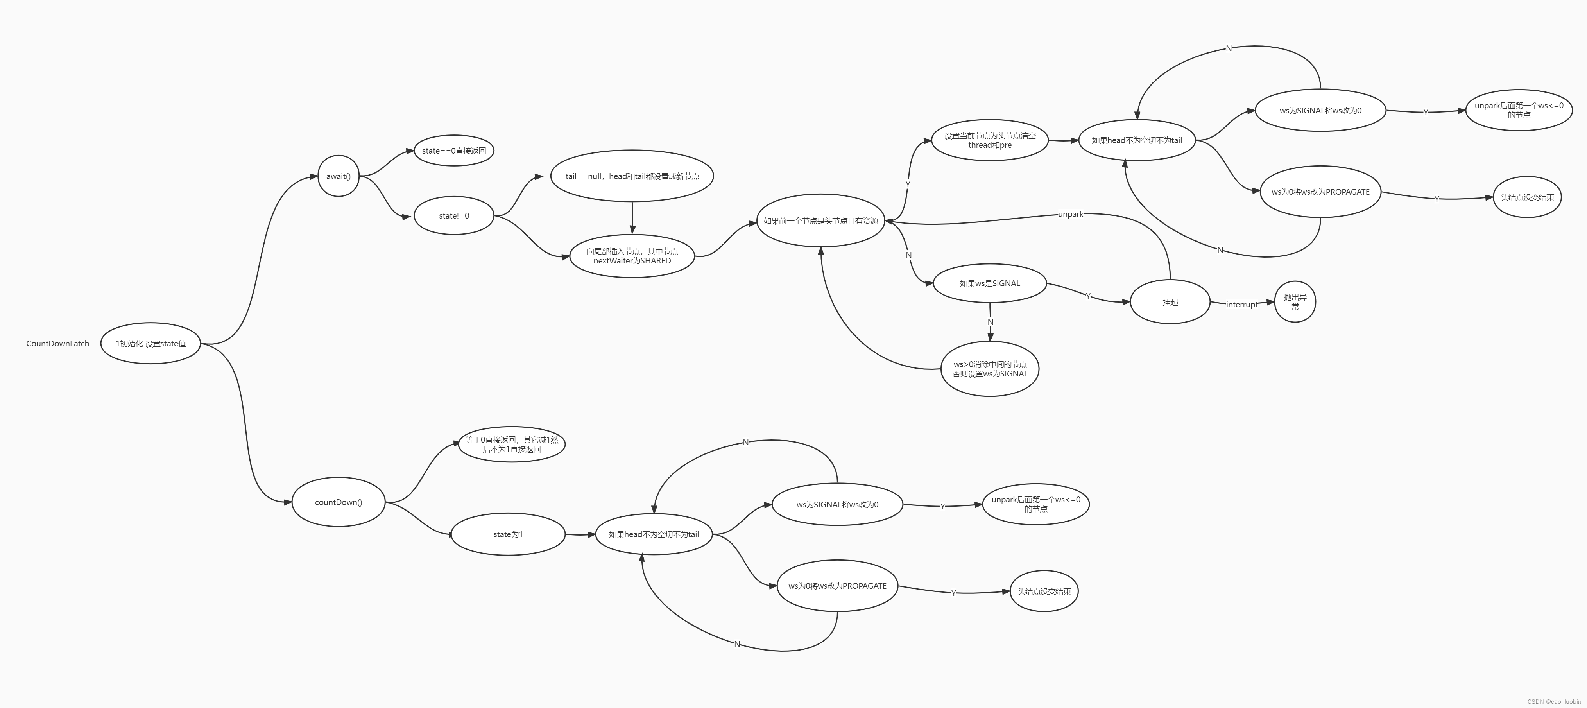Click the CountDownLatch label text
point(57,343)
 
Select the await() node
point(338,176)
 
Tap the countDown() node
point(338,502)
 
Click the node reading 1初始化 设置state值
point(150,343)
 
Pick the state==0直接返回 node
point(454,151)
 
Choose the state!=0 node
point(454,216)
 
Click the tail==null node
point(632,176)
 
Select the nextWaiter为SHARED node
point(632,256)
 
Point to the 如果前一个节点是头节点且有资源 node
point(820,220)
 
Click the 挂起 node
point(1170,302)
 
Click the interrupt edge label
point(1241,305)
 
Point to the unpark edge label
point(1070,215)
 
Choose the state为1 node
point(508,534)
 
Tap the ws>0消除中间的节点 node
point(990,369)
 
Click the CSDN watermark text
point(1554,702)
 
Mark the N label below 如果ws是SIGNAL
point(991,322)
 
